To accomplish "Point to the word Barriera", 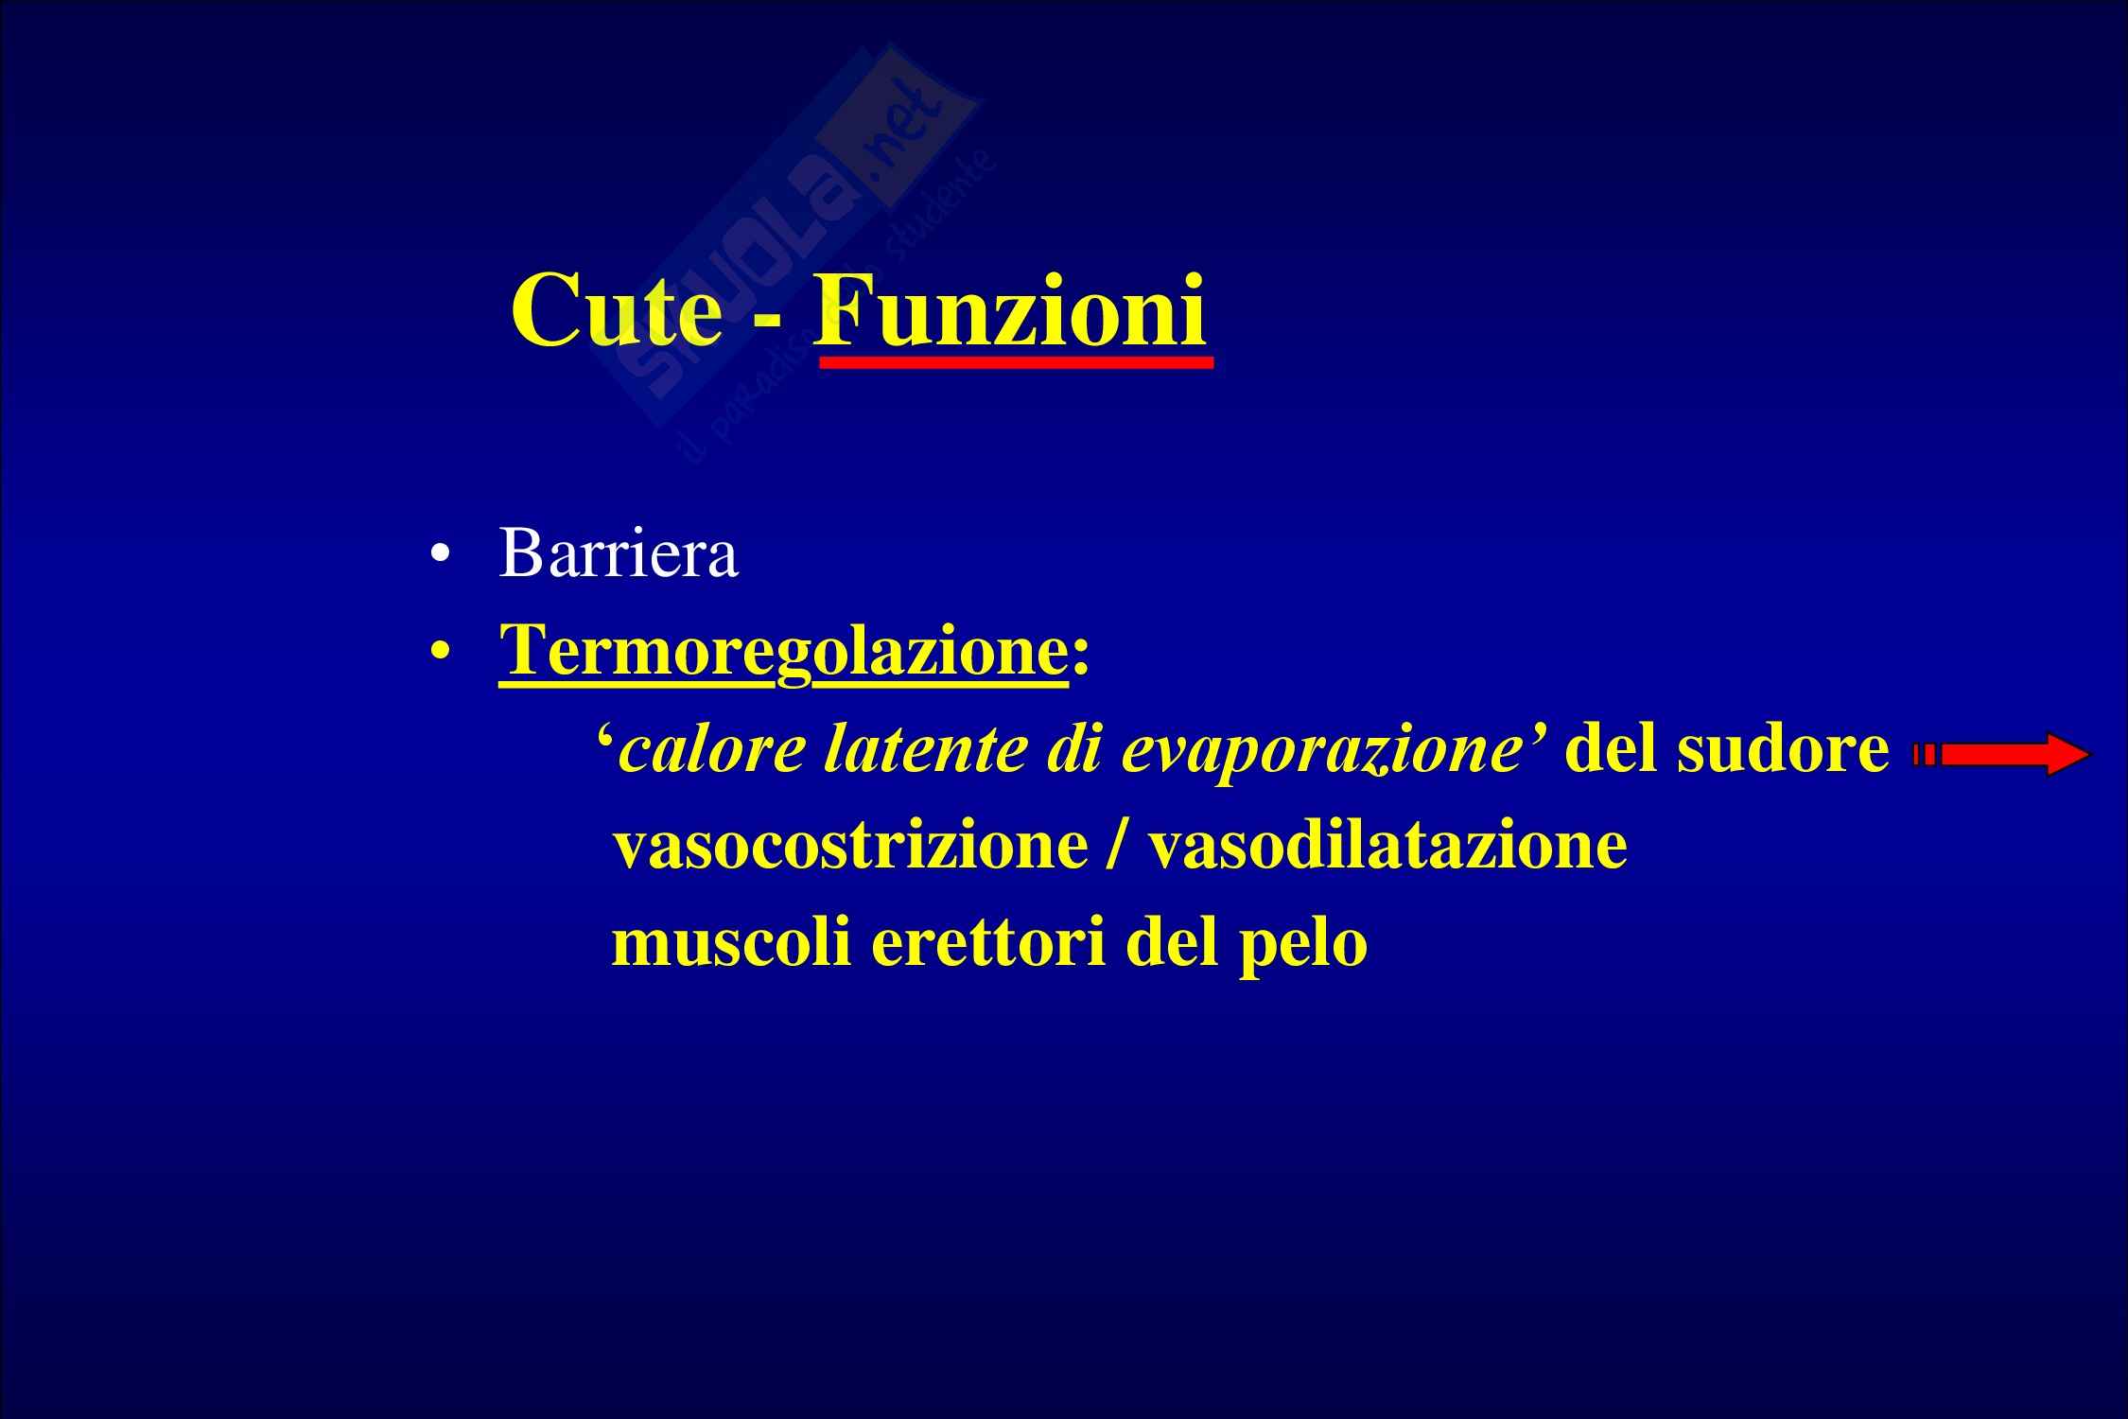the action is pos(618,553).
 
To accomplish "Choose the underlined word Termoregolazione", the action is pos(783,652).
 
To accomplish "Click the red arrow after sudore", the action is pos(1999,754).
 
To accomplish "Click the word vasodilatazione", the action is pos(1387,847).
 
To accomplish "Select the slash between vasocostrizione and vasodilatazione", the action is pos(1117,845).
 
